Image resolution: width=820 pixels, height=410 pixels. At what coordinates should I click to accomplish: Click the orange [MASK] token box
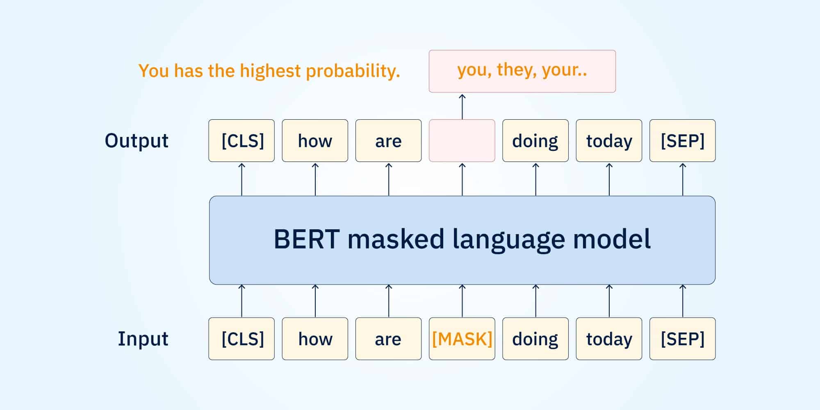462,339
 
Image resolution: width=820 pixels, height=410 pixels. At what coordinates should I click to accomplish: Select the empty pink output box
462,141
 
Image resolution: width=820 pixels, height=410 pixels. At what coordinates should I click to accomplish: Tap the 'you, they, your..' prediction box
522,71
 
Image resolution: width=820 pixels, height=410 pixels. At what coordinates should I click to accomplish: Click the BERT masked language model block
462,240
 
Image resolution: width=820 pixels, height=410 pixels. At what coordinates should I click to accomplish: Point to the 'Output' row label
137,141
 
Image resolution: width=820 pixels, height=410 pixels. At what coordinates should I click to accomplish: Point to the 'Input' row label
143,339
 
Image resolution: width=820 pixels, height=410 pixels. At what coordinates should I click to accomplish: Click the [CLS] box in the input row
241,339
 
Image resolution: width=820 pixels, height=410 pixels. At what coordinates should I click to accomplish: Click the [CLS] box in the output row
241,141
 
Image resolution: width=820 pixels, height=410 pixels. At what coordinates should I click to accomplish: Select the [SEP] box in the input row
683,339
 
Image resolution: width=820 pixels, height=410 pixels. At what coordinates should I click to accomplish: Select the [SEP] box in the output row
683,141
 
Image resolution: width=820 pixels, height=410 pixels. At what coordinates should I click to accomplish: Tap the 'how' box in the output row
315,141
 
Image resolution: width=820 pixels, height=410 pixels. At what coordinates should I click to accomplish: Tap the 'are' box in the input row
388,339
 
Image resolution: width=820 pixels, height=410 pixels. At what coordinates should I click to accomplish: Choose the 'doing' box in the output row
535,141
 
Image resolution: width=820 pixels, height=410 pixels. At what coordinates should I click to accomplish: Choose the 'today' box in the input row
609,339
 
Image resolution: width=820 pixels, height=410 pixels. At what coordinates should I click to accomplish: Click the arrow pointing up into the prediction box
462,107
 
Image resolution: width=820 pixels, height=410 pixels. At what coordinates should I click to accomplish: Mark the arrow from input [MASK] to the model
462,301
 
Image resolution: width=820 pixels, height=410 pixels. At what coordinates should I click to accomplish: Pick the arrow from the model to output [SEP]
683,179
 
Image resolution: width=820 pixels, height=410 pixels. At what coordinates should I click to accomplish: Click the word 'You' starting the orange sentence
154,71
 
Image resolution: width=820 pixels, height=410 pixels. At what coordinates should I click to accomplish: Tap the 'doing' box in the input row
535,339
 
